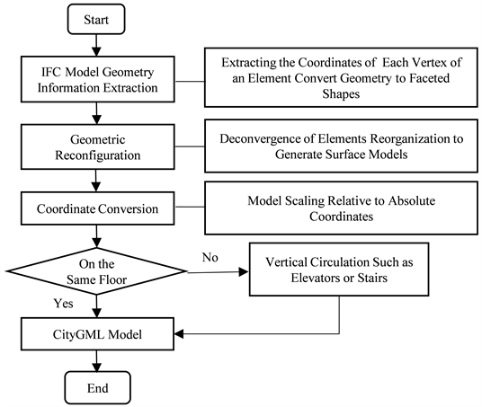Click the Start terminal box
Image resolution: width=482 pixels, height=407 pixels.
[x=98, y=19]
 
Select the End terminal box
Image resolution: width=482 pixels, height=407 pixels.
[x=98, y=388]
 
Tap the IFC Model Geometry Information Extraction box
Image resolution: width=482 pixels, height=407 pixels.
[x=98, y=80]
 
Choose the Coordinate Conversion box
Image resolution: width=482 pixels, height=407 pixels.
[x=98, y=209]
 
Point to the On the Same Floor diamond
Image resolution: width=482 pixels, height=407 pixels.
[x=98, y=272]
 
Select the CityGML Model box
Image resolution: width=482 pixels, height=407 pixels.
[x=98, y=335]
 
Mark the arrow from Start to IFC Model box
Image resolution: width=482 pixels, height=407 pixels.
[x=98, y=45]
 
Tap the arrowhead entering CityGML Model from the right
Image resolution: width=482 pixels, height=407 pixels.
[x=178, y=335]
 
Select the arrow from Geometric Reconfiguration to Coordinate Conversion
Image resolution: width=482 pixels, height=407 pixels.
[x=98, y=178]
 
